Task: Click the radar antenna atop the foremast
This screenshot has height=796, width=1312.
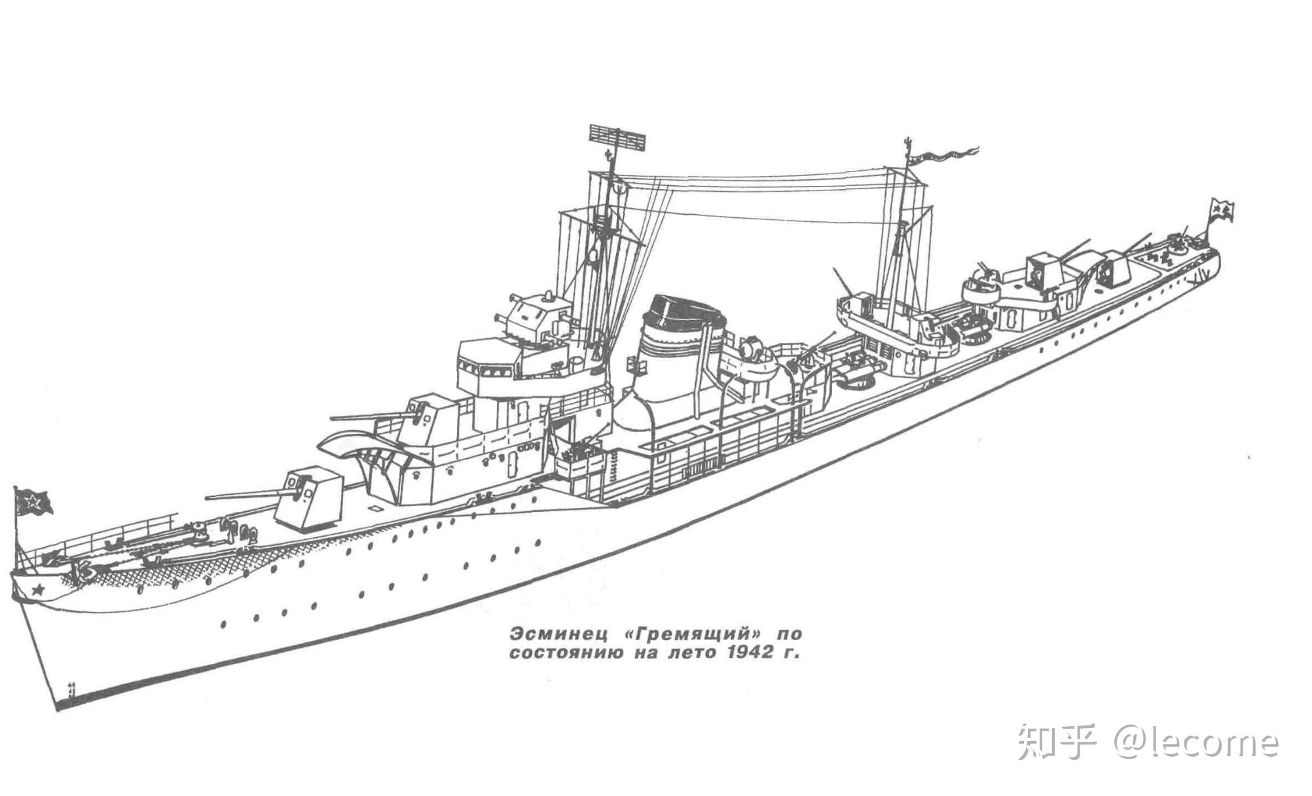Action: (617, 136)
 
